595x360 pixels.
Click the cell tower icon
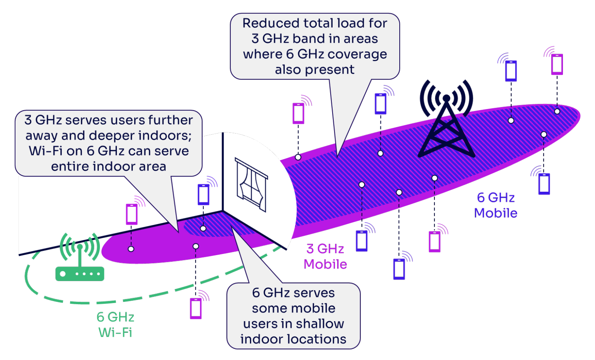(x=446, y=121)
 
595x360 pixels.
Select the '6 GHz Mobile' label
(x=495, y=205)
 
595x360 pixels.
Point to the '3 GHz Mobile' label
(x=325, y=257)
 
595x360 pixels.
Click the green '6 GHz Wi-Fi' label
(x=115, y=325)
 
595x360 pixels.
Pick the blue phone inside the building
(x=204, y=194)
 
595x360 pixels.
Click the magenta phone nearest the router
(x=132, y=214)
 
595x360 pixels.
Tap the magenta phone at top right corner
(x=557, y=64)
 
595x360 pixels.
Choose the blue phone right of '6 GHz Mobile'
(x=544, y=183)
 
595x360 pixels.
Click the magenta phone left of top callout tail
(x=298, y=113)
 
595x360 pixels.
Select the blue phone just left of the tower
(x=380, y=104)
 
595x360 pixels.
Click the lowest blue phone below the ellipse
(x=399, y=269)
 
